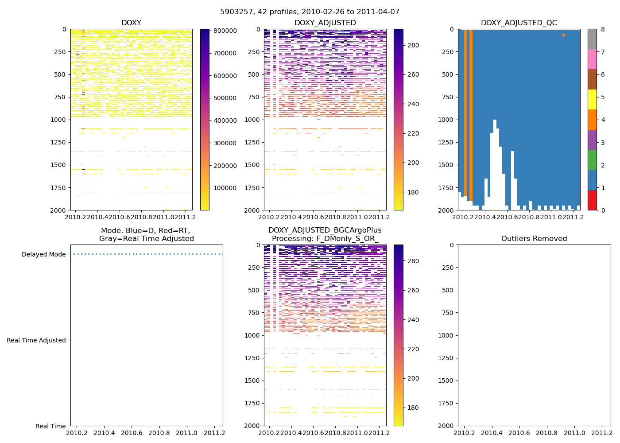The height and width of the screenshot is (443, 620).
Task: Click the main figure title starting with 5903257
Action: [x=310, y=12]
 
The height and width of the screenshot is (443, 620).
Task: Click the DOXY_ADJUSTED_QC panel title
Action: [x=519, y=23]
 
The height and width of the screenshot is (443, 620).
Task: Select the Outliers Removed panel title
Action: [x=534, y=239]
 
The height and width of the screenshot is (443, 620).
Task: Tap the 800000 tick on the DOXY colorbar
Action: [x=225, y=31]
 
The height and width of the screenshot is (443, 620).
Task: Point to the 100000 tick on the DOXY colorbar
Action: [x=225, y=188]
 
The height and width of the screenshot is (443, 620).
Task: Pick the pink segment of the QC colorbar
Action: [x=592, y=59]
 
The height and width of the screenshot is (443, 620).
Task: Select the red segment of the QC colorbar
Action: [x=592, y=200]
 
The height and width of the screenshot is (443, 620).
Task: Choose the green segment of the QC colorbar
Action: [x=592, y=160]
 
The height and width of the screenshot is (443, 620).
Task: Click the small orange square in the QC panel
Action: [x=563, y=35]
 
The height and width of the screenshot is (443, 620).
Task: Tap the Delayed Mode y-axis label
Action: [x=43, y=255]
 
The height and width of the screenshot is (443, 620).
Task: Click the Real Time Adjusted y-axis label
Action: [x=36, y=340]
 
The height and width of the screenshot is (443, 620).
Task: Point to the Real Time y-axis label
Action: [x=50, y=426]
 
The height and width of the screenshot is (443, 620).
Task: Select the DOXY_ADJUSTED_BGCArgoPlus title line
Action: [x=325, y=230]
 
